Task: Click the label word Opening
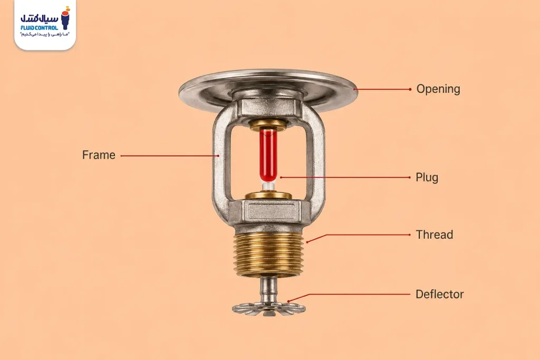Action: pos(438,89)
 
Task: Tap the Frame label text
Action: pos(99,155)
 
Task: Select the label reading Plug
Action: pos(427,178)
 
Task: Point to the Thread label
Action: pos(435,235)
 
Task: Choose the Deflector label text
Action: pos(439,294)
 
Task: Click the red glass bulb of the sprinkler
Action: pos(268,155)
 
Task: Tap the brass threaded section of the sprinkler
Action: pos(268,253)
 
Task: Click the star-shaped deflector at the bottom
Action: pos(268,308)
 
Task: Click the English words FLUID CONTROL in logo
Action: pos(39,27)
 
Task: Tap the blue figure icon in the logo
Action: pos(65,18)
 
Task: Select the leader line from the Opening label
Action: pos(383,89)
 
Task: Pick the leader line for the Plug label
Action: pos(345,178)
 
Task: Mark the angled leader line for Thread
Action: pos(358,235)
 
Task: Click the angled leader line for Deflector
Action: pos(349,295)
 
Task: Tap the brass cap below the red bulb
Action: pos(268,196)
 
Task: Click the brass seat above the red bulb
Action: pos(268,124)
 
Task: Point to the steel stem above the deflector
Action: pos(268,289)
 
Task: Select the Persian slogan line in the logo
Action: pos(45,35)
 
